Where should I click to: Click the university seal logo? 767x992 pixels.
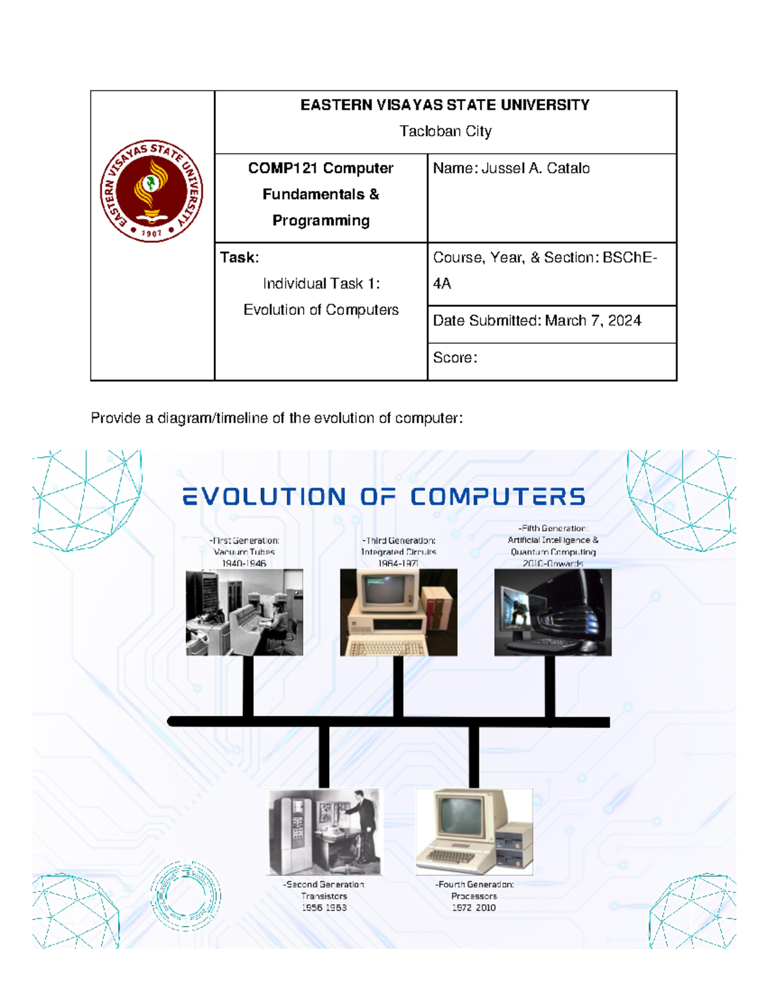151,191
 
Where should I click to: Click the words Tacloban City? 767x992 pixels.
445,132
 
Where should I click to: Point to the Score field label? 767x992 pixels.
454,358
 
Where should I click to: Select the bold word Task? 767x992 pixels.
238,257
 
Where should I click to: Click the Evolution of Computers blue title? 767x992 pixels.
383,497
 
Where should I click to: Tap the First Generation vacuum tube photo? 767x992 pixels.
244,612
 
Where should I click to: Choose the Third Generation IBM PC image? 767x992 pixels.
398,612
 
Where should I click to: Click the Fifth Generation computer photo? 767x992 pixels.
553,612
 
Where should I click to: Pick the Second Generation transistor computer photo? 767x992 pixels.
324,831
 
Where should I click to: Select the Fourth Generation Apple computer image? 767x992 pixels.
474,831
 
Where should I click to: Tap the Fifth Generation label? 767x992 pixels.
553,529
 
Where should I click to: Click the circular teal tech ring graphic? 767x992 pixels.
186,895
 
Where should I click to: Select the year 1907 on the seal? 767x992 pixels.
151,234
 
